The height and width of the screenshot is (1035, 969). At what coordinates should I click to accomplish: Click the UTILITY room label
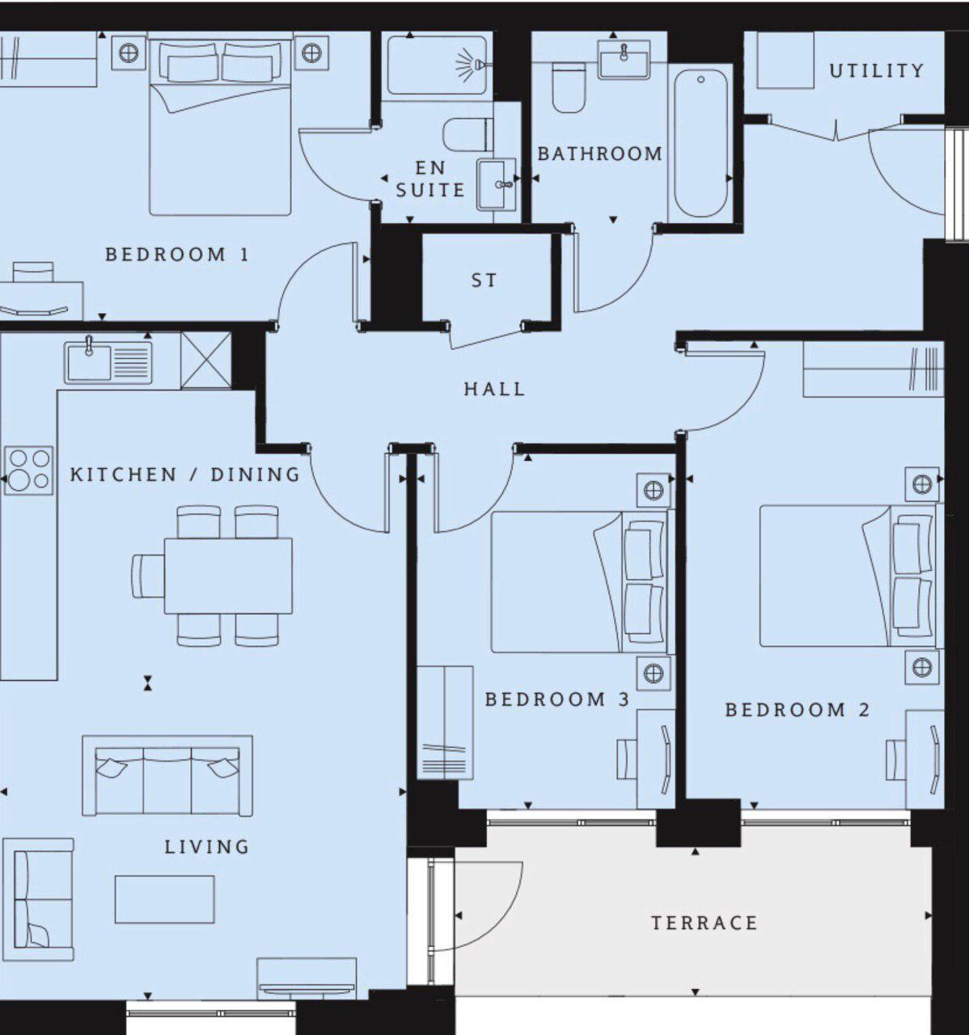coord(876,71)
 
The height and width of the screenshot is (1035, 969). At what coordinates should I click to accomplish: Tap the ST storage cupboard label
coord(484,281)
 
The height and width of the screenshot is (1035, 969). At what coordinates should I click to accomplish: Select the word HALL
coord(494,389)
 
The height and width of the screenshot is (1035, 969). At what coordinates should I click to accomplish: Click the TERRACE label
coord(705,923)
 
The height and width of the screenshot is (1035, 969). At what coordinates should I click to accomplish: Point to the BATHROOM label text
coord(599,154)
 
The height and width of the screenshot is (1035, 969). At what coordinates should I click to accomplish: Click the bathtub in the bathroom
coord(700,144)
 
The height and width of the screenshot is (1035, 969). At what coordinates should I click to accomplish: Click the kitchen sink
coord(108,361)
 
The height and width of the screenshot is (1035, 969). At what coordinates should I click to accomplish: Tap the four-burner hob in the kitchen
coord(29,470)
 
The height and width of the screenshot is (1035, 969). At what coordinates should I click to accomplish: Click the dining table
coord(228,575)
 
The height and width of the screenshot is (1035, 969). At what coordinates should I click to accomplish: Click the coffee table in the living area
coord(164,899)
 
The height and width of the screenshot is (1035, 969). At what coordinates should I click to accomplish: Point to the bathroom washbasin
coord(624,60)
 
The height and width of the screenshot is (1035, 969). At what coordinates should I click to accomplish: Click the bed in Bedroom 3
coord(579,581)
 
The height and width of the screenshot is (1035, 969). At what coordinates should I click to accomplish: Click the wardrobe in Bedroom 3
coord(445,722)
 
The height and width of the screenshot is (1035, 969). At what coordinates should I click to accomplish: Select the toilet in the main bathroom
coord(569,87)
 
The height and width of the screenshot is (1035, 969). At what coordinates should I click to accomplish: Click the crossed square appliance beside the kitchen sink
coord(205,361)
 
